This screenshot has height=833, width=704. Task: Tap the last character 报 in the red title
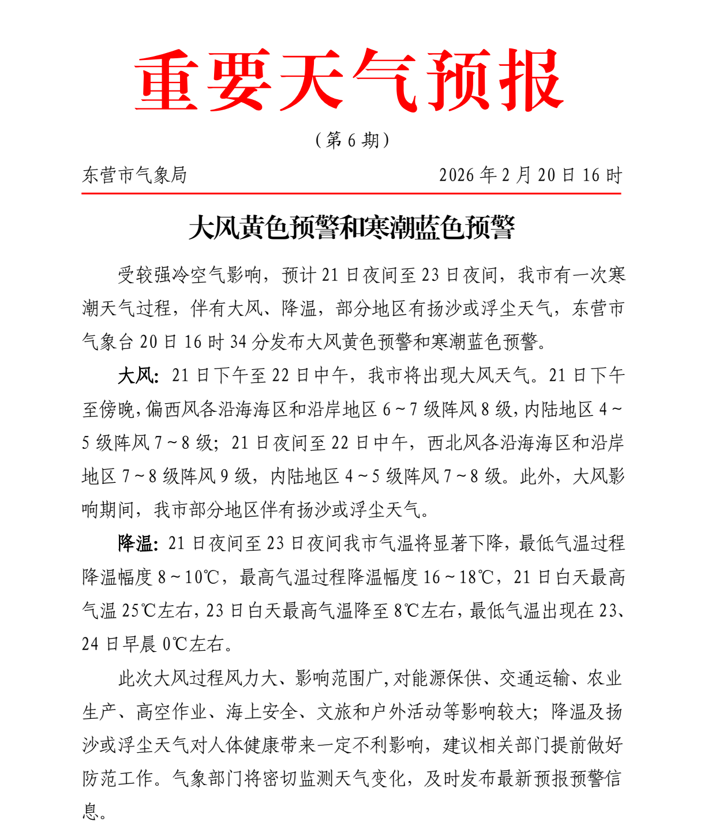coord(531,80)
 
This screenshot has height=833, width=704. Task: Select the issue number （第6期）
coord(352,140)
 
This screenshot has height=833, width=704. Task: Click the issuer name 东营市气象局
coord(134,175)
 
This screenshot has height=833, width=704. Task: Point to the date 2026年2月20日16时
coord(530,175)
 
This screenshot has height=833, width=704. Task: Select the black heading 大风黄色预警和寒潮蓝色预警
coord(351,228)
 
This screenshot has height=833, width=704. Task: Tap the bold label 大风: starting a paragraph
coord(137,376)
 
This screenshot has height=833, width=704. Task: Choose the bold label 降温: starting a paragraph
coord(137,543)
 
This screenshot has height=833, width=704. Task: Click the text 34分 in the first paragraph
coord(249,342)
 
